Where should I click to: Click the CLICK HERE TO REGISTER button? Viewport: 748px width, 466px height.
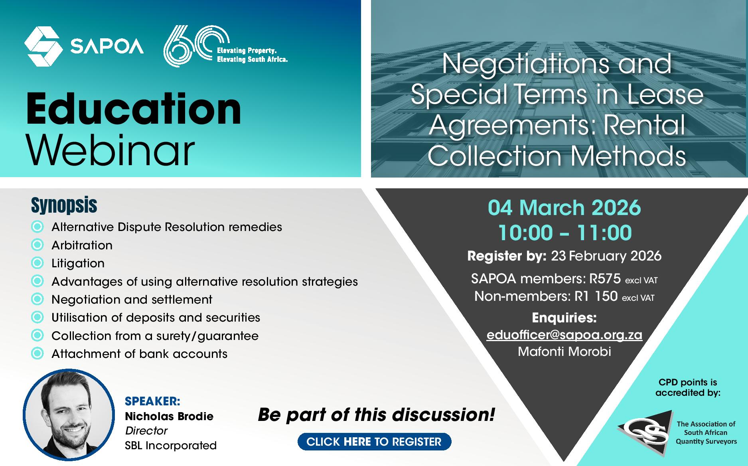(x=374, y=442)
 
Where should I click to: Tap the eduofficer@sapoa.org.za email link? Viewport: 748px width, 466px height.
(x=564, y=335)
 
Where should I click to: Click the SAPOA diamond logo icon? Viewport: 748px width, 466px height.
(x=43, y=47)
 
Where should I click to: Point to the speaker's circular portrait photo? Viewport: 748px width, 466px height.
(x=69, y=415)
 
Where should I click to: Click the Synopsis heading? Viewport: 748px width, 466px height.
(x=64, y=205)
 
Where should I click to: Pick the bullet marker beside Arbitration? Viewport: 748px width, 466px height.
(x=37, y=245)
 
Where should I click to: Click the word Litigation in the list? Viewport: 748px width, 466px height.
(x=78, y=263)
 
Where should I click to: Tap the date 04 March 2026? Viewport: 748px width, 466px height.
(x=564, y=208)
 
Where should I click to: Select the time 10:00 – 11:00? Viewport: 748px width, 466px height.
(x=565, y=233)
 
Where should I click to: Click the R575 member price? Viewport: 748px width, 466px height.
(x=605, y=278)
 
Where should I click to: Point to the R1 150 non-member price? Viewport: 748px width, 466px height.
(x=596, y=296)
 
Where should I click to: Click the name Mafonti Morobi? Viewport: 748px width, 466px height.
(x=564, y=351)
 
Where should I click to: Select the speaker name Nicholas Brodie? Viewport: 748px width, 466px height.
(x=169, y=417)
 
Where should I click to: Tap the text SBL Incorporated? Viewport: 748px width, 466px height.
(x=171, y=445)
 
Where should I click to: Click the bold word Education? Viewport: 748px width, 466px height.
(x=134, y=109)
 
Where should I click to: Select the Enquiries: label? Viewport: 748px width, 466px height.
(x=564, y=318)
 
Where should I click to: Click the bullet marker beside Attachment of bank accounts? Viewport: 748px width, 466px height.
(x=37, y=353)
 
